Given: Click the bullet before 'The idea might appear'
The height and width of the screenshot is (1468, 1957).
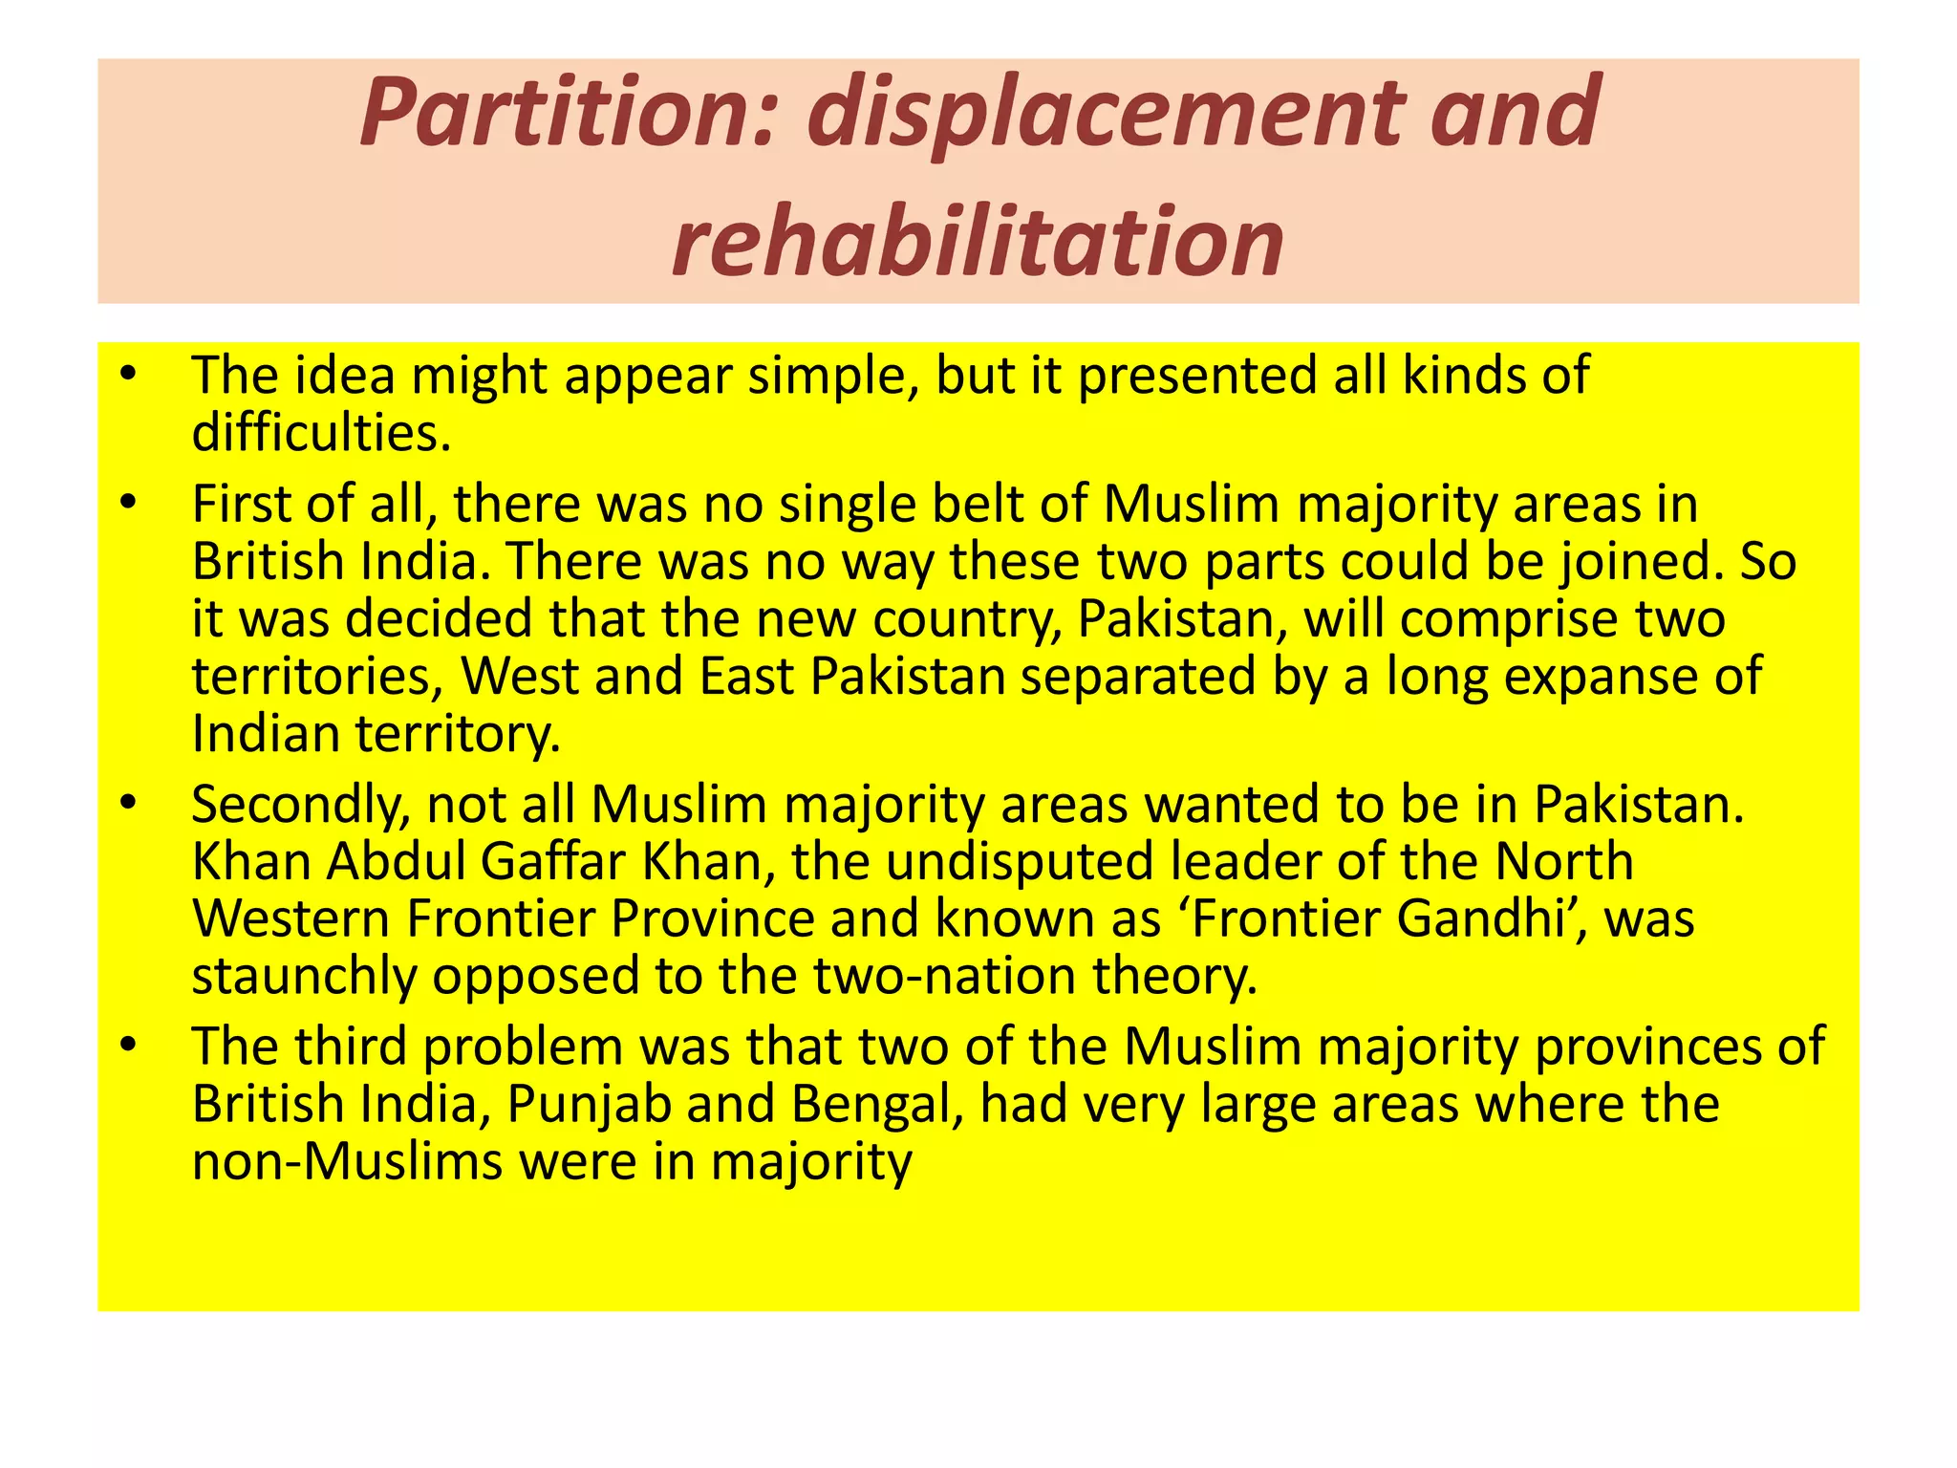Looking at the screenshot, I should coord(129,374).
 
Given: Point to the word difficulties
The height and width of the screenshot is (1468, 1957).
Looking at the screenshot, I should coord(320,432).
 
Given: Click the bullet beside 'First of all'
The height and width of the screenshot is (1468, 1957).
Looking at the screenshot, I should coord(129,503).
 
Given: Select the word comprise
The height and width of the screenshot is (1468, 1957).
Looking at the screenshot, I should coord(1508,618).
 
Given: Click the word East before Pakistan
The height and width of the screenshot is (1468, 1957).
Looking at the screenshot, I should coord(746,676).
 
